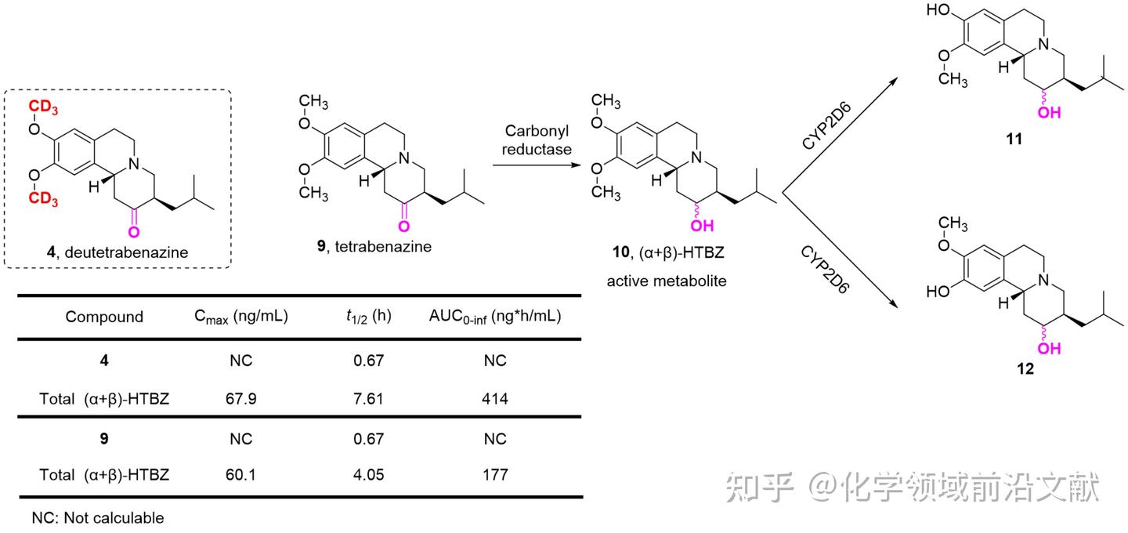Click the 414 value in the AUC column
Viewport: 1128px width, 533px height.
point(495,399)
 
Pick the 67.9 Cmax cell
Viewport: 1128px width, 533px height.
point(240,399)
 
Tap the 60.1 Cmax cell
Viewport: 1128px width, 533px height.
point(240,474)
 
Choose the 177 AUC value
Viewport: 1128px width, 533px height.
point(495,474)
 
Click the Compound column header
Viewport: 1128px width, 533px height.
point(104,317)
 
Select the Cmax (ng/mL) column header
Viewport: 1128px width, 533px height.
point(241,317)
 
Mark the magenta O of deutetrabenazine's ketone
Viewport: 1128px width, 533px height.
point(134,231)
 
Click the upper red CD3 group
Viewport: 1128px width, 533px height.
point(45,106)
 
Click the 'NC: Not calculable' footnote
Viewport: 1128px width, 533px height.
point(98,518)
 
